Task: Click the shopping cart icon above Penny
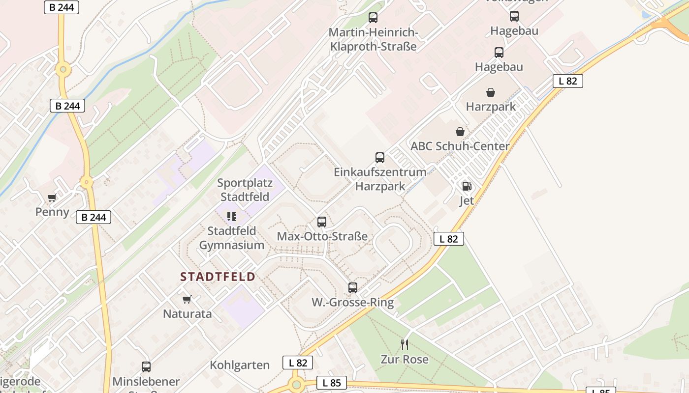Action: tap(52, 198)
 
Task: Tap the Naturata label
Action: tap(187, 313)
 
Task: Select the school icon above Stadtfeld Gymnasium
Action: tap(232, 217)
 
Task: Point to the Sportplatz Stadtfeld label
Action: tap(244, 190)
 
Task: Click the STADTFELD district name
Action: tap(218, 277)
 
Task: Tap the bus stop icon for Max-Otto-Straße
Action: tap(322, 222)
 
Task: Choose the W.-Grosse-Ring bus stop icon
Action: tap(353, 288)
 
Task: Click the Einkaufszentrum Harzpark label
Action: tap(380, 179)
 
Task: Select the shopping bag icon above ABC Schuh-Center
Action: tap(460, 132)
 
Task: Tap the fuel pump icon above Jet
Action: tap(467, 186)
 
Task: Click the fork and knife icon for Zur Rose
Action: tap(405, 344)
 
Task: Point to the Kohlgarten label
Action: tap(240, 365)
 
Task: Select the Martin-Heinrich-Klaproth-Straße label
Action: tap(373, 40)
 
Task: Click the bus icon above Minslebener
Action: tap(146, 366)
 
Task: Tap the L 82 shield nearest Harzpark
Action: tap(568, 81)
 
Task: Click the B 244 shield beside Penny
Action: tap(94, 217)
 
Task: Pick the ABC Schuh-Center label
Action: tap(460, 146)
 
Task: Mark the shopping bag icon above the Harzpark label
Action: tap(491, 92)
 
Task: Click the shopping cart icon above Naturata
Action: tap(187, 299)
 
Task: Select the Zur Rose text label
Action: tap(405, 359)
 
